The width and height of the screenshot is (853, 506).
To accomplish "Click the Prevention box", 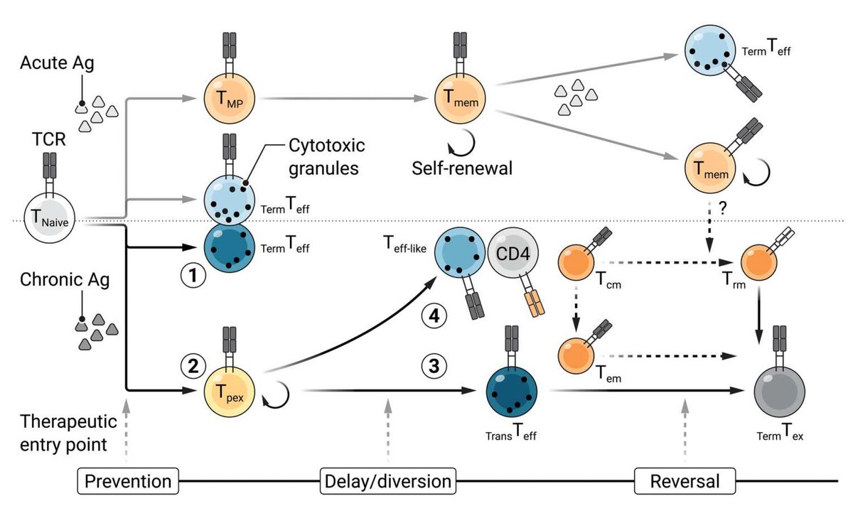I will (128, 482).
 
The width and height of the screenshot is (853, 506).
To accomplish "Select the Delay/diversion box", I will (388, 482).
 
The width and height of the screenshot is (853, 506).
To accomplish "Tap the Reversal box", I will (685, 482).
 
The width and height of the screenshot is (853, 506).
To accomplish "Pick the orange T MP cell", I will (228, 104).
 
